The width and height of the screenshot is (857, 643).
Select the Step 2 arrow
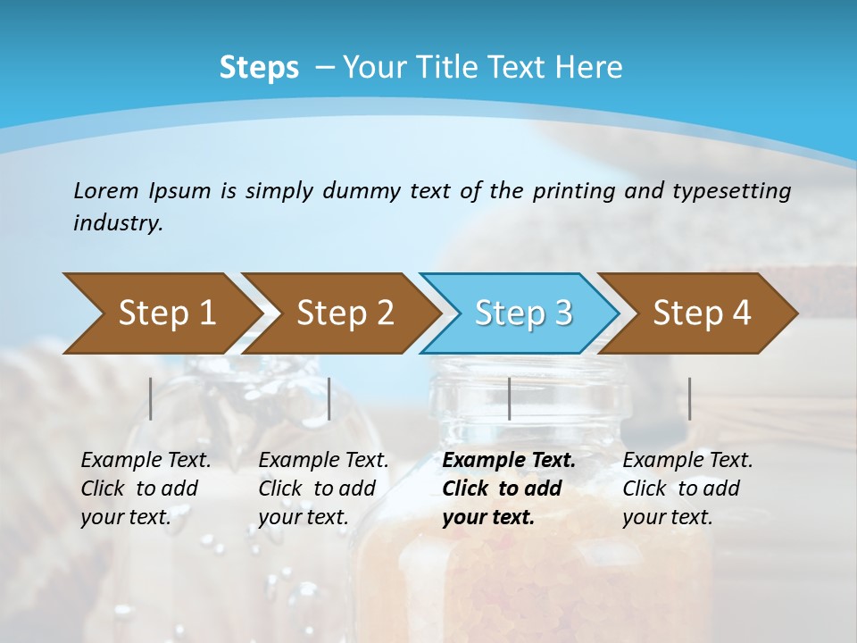pyautogui.click(x=345, y=313)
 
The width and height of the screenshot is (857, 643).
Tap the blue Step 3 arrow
pyautogui.click(x=523, y=313)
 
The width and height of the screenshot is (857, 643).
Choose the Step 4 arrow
pyautogui.click(x=702, y=313)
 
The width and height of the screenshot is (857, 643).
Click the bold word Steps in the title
pyautogui.click(x=259, y=67)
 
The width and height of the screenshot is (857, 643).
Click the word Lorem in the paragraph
pyautogui.click(x=105, y=190)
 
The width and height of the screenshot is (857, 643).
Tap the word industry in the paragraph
pyautogui.click(x=118, y=222)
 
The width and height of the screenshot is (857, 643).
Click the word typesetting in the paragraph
pyautogui.click(x=731, y=190)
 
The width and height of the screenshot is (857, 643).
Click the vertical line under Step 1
pyautogui.click(x=151, y=398)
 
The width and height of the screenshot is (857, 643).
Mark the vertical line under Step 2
pyautogui.click(x=329, y=398)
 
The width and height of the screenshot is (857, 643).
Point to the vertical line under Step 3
pyautogui.click(x=509, y=398)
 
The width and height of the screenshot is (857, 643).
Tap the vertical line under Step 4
pyautogui.click(x=689, y=398)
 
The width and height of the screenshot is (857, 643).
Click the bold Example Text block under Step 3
pyautogui.click(x=508, y=489)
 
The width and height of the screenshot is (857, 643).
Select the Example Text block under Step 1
pyautogui.click(x=146, y=489)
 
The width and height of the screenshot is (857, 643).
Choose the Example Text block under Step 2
pyautogui.click(x=323, y=489)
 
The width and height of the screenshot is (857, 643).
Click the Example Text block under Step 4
pyautogui.click(x=687, y=489)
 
